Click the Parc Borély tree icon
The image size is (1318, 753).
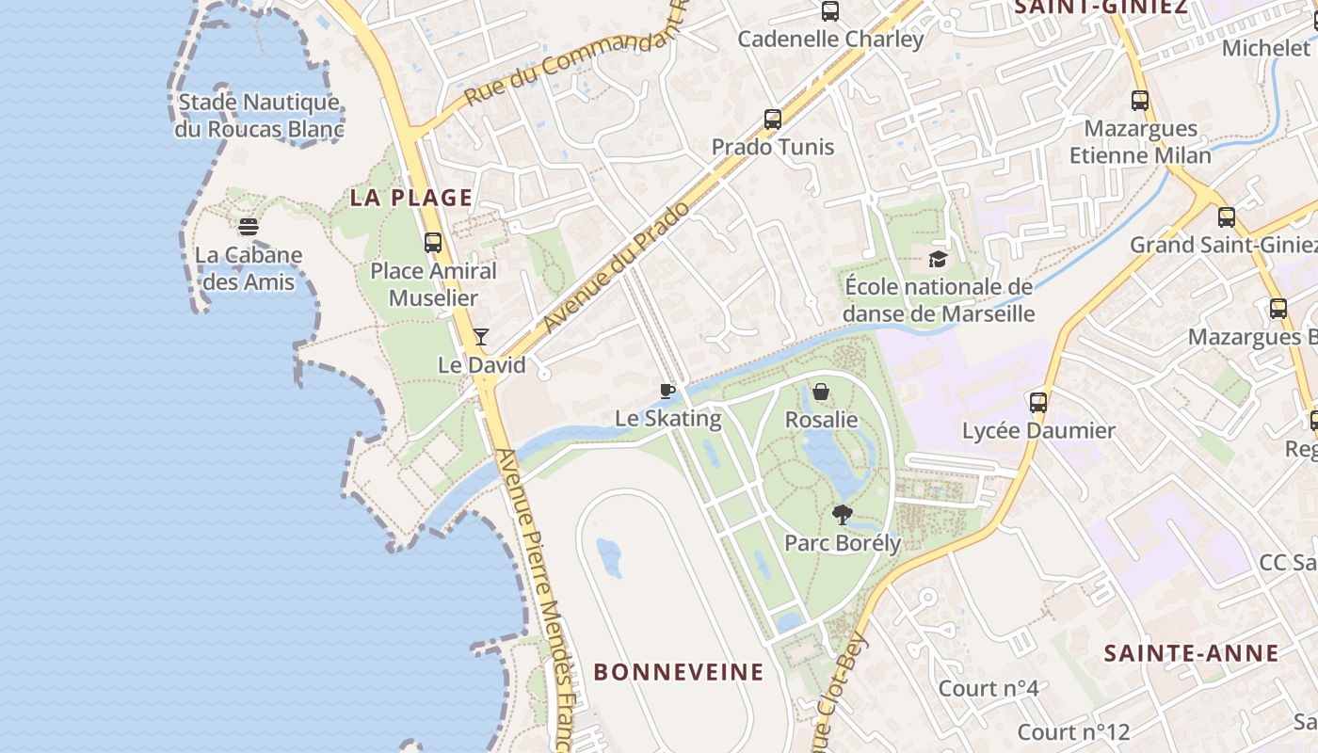pyautogui.click(x=842, y=514)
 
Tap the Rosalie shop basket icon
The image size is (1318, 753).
pyautogui.click(x=821, y=391)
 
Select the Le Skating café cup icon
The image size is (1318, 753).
pyautogui.click(x=667, y=391)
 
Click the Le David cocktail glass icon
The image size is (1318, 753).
pyautogui.click(x=481, y=336)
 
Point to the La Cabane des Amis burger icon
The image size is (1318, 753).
pyautogui.click(x=249, y=226)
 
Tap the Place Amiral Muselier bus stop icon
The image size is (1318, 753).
pyautogui.click(x=433, y=242)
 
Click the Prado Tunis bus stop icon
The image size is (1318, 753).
pyautogui.click(x=773, y=119)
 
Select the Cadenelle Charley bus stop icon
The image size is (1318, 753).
pyautogui.click(x=830, y=11)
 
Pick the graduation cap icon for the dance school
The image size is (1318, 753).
pyautogui.click(x=938, y=259)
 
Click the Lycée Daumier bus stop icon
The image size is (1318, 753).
pyautogui.click(x=1038, y=403)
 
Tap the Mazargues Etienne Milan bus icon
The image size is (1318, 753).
pyautogui.click(x=1140, y=100)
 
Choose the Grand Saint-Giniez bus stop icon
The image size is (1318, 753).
pyautogui.click(x=1227, y=217)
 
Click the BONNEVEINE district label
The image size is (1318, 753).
pyautogui.click(x=679, y=672)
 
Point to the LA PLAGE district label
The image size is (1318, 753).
pyautogui.click(x=411, y=198)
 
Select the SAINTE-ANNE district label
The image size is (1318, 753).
pyautogui.click(x=1191, y=653)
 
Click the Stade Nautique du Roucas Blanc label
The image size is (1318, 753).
pyautogui.click(x=258, y=115)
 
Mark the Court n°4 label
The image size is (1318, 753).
pyautogui.click(x=988, y=688)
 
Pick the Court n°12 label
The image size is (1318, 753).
pyautogui.click(x=1073, y=731)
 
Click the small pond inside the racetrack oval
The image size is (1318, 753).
pyautogui.click(x=609, y=557)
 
